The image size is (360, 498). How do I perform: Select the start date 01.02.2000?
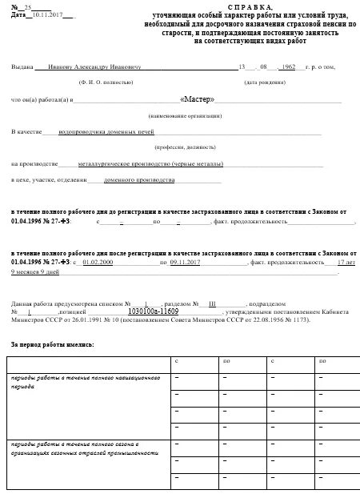(100, 262)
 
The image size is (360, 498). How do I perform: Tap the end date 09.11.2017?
(185, 262)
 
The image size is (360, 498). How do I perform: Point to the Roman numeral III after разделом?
(213, 304)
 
